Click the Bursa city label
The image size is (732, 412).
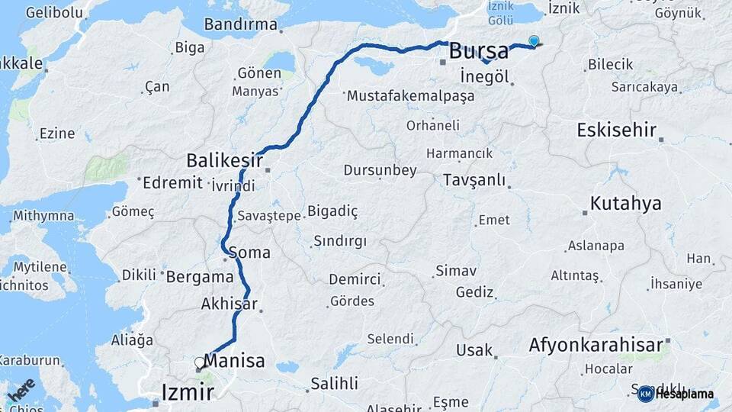[479, 52]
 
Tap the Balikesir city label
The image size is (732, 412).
[224, 161]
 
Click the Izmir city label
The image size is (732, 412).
[188, 392]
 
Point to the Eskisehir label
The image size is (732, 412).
[617, 130]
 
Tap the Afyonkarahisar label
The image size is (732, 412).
[596, 345]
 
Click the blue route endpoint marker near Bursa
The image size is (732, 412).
[534, 41]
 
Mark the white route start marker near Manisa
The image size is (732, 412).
[200, 363]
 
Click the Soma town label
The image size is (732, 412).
[249, 252]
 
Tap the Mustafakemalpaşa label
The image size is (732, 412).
[410, 97]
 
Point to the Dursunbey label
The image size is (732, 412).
[380, 169]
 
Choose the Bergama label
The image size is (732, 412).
[199, 276]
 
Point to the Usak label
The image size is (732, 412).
[474, 350]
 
